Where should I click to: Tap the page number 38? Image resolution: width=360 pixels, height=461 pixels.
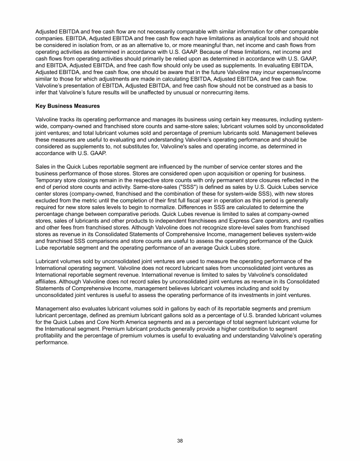coord(180,440)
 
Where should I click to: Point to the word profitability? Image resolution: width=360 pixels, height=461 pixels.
coord(50,335)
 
